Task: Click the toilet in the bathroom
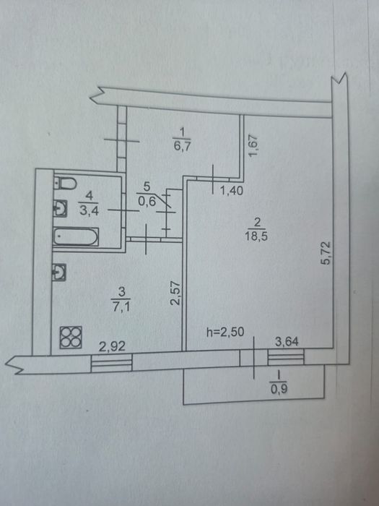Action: click(x=65, y=184)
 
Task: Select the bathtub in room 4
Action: click(x=76, y=237)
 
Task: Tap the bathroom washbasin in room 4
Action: click(x=60, y=208)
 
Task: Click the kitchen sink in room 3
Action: click(x=59, y=272)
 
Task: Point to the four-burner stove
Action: click(x=71, y=338)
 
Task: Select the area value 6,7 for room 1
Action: click(x=183, y=147)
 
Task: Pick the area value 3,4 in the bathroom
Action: click(x=89, y=211)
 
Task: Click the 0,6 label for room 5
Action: click(x=147, y=202)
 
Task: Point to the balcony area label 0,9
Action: click(x=279, y=390)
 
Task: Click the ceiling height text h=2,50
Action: click(x=225, y=332)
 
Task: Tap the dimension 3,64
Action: click(x=287, y=341)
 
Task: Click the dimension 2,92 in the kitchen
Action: click(x=112, y=346)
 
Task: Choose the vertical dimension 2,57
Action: click(x=175, y=293)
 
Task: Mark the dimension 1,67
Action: click(x=253, y=145)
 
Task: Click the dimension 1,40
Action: click(x=232, y=191)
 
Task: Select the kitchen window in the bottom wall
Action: click(x=111, y=364)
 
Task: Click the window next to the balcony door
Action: click(x=286, y=358)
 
